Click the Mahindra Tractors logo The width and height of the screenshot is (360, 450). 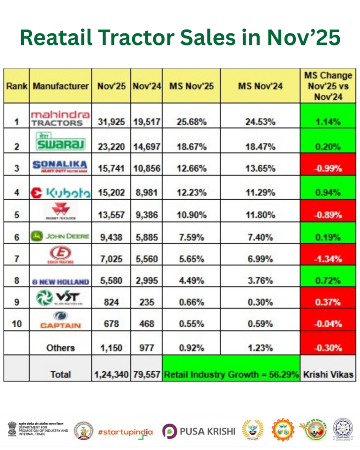60,118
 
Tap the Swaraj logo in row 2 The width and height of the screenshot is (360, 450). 60,141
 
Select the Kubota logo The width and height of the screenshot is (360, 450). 60,192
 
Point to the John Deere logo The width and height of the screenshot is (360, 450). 60,236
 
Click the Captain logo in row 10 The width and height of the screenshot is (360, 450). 60,320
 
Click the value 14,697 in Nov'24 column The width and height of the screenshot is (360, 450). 147,146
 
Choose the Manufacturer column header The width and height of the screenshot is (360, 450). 60,86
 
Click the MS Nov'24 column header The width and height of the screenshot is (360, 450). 260,86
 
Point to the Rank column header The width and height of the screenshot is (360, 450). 16,86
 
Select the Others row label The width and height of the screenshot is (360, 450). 60,348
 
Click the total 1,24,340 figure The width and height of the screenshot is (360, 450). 111,374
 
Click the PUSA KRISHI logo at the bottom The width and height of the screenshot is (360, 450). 199,430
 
